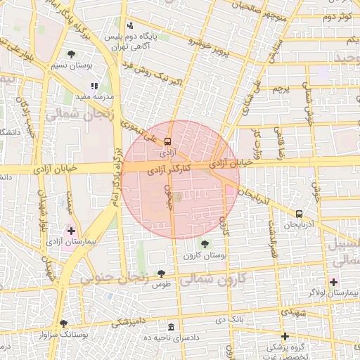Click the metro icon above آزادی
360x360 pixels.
167,141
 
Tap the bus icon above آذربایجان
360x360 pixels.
300,213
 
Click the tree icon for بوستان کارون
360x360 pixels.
204,244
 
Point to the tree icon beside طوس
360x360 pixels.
161,274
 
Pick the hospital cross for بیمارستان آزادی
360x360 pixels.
71,230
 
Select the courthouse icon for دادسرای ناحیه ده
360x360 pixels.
172,328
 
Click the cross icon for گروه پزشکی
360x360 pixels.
285,336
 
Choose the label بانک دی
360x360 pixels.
223,321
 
